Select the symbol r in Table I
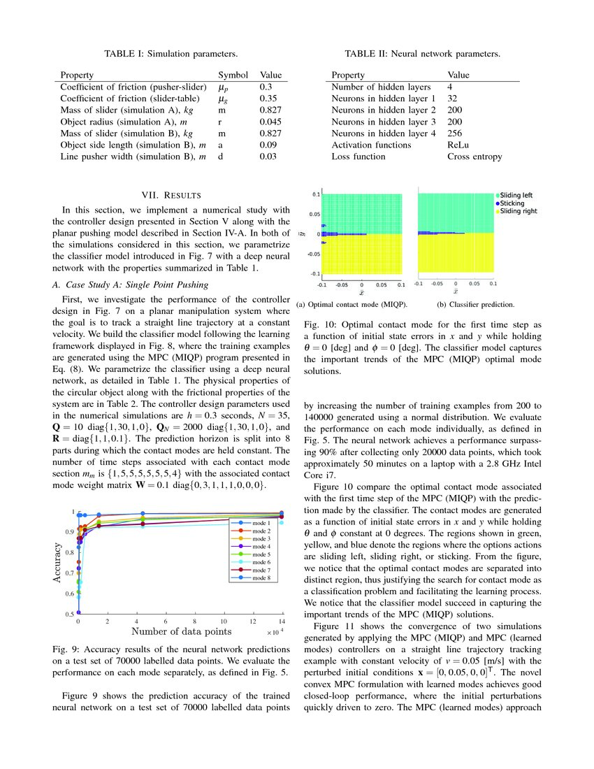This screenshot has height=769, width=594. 221,122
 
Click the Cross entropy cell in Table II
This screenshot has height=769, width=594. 474,157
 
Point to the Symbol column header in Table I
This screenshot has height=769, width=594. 233,75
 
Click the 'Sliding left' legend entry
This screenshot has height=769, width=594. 517,195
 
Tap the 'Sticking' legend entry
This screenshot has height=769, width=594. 514,203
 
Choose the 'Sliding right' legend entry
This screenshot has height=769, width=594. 519,210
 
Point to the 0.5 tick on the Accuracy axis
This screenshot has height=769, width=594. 69,614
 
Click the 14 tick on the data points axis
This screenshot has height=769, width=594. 281,622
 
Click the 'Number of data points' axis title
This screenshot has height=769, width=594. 180,632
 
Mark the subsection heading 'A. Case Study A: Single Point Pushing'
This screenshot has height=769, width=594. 129,285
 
